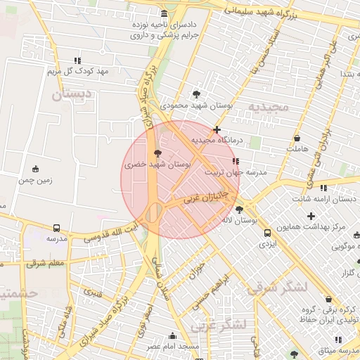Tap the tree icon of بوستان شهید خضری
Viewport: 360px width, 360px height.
157,152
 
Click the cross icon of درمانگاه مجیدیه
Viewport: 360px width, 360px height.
217,129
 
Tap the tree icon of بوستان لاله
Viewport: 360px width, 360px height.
240,210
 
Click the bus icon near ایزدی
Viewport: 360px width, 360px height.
266,232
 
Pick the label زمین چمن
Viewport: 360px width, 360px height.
36,180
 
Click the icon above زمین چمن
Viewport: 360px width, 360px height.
36,169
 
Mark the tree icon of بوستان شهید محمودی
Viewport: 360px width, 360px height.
196,94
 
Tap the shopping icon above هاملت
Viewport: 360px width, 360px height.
297,139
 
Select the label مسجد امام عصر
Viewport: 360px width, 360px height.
173,347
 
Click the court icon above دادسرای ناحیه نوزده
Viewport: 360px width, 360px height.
165,13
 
